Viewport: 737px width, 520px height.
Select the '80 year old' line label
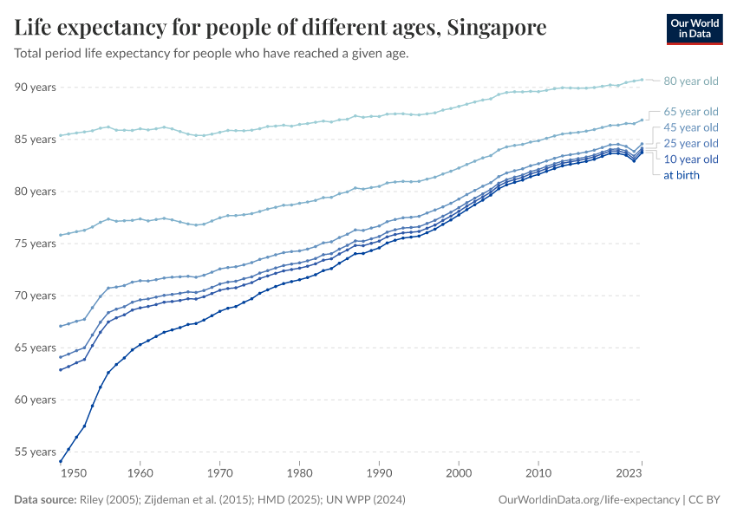click(690, 81)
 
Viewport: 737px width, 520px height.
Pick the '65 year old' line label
click(690, 112)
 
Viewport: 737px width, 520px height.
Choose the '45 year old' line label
click(690, 127)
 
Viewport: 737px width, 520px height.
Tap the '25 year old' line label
click(690, 143)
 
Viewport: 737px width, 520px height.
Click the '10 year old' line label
click(690, 159)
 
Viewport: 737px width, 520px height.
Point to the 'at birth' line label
click(681, 175)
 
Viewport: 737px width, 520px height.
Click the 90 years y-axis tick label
click(35, 88)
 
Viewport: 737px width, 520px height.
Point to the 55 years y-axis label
click(35, 452)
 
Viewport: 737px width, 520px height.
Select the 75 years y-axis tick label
click(35, 244)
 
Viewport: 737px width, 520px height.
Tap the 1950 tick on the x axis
click(74, 474)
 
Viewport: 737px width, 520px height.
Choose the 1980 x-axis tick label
click(299, 474)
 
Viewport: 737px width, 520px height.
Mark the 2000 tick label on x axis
click(459, 474)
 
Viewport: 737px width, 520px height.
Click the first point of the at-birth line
click(60, 462)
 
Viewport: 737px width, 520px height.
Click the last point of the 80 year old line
click(642, 79)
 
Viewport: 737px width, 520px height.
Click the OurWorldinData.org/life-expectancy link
click(590, 500)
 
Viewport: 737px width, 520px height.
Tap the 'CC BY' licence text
click(706, 500)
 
